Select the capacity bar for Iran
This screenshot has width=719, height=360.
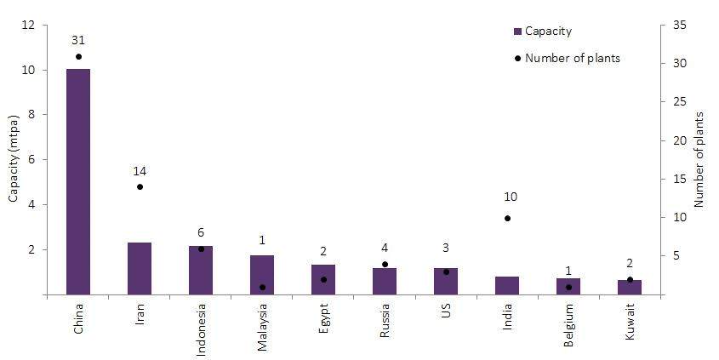click(x=140, y=268)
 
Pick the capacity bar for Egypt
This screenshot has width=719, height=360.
click(x=323, y=279)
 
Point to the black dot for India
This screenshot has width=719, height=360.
click(x=507, y=218)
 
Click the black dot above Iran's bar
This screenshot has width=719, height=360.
click(x=140, y=186)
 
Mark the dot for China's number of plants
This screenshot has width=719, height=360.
click(x=78, y=56)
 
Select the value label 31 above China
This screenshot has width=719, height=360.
click(x=78, y=40)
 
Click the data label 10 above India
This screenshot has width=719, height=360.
click(x=510, y=197)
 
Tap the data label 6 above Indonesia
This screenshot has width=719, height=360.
click(x=201, y=232)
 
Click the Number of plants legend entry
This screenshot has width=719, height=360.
click(x=566, y=58)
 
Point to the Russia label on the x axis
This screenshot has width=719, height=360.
click(x=385, y=321)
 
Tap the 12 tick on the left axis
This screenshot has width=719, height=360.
click(x=30, y=26)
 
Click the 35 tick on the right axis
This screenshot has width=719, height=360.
click(x=677, y=26)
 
